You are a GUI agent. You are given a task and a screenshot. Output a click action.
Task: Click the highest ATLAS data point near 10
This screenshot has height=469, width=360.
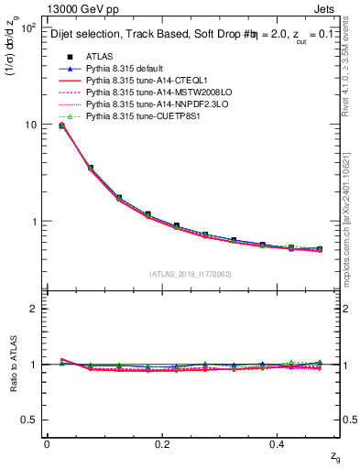tap(61, 125)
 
